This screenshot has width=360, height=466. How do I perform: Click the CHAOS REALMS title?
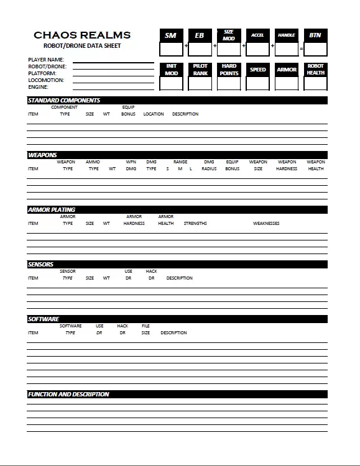[x=82, y=35]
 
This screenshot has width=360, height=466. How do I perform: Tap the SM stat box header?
[x=171, y=35]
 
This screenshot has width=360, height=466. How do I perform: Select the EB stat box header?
[x=200, y=35]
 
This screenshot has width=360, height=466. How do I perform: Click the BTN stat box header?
[x=315, y=35]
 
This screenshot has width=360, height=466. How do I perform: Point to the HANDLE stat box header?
[x=287, y=35]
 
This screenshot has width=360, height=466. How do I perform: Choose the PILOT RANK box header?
[x=200, y=70]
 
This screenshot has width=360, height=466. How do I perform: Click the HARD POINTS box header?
[x=229, y=70]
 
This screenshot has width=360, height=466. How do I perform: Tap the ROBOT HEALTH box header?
[x=315, y=70]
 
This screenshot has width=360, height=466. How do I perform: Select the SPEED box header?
[x=258, y=70]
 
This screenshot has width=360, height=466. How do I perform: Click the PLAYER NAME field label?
[x=47, y=60]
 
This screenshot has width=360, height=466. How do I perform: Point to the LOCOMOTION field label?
[x=47, y=80]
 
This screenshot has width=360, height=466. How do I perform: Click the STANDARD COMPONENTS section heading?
[x=64, y=100]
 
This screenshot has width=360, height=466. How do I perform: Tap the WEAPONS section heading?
[x=42, y=155]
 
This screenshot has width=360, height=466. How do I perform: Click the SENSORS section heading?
[x=40, y=264]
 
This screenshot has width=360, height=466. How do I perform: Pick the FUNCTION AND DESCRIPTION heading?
[x=68, y=394]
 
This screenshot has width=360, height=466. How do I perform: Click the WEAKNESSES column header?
[x=266, y=224]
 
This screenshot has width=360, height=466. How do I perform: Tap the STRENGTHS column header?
[x=195, y=224]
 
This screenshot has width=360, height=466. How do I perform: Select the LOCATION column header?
[x=154, y=114]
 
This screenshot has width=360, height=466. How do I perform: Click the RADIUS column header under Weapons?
[x=209, y=169]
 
